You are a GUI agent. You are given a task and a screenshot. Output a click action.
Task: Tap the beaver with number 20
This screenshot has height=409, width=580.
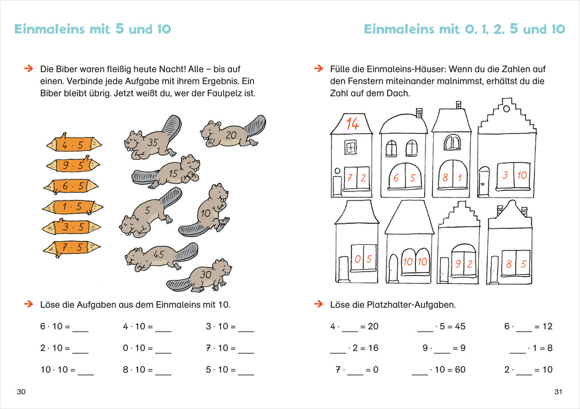230,135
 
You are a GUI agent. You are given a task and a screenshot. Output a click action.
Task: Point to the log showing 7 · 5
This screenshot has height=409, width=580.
72,248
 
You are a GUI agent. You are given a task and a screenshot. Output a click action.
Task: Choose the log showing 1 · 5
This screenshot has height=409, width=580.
73,206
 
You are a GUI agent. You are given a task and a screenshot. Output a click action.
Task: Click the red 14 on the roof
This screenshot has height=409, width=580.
352,123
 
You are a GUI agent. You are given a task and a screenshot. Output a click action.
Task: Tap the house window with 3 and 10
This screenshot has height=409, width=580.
515,176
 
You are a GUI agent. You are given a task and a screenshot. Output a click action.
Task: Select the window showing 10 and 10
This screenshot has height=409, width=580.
415,262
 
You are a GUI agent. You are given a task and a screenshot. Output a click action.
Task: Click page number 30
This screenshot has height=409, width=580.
22,393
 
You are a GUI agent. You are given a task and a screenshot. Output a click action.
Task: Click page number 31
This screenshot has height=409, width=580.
558,393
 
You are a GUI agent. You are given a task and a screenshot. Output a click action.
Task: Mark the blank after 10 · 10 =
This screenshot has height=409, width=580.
85,370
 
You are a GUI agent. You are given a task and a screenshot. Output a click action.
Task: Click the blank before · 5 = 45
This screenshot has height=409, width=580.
425,327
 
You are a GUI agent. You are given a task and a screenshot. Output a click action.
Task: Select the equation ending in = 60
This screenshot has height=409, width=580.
438,370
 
